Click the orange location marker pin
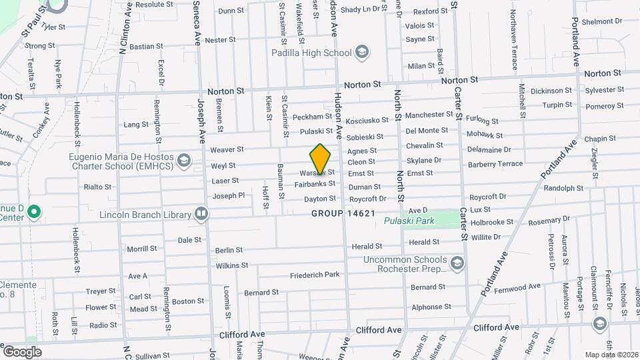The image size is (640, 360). click(321, 160)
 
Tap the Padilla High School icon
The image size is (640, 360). click(362, 53)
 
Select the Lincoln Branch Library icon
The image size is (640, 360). click(201, 214)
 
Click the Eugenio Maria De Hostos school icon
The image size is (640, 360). click(183, 160)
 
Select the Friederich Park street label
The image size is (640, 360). click(315, 275)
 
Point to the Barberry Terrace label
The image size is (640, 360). click(496, 163)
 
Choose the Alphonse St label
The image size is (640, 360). click(431, 307)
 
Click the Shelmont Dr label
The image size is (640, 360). click(601, 21)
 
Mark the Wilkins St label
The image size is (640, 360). click(231, 265)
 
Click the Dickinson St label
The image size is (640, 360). click(551, 91)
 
